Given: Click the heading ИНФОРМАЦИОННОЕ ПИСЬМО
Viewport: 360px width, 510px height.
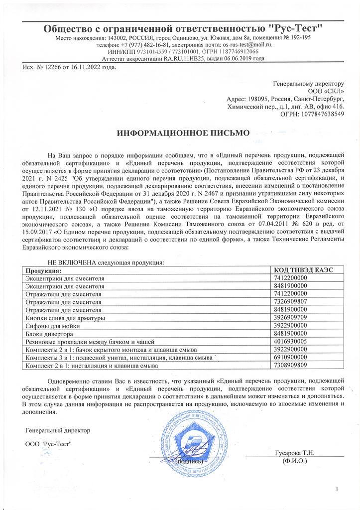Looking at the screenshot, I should (182, 133).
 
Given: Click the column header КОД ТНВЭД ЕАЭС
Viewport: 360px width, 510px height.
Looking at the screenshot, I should (304, 269).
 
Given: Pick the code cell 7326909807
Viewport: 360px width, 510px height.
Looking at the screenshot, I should (292, 302).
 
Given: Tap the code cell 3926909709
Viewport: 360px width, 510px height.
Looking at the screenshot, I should (292, 317).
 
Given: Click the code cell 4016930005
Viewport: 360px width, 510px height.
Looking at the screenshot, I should (292, 342).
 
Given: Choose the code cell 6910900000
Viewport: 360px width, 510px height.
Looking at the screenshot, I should (292, 358).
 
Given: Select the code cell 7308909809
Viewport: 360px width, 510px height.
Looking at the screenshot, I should (292, 366).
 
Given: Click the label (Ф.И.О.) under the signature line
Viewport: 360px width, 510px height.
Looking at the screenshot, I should (294, 461).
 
